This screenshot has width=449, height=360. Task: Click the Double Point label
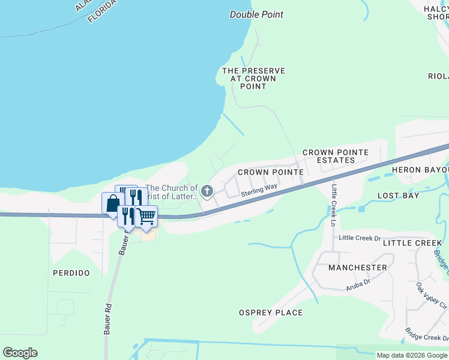pyautogui.click(x=256, y=14)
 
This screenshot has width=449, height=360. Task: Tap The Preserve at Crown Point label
pyautogui.click(x=253, y=79)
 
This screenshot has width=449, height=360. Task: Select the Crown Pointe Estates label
pyautogui.click(x=336, y=157)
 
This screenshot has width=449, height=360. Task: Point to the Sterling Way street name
pyautogui.click(x=259, y=193)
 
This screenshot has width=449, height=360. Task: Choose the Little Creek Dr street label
pyautogui.click(x=360, y=238)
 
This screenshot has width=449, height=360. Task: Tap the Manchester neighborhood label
pyautogui.click(x=358, y=268)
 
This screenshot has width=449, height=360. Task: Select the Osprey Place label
pyautogui.click(x=271, y=313)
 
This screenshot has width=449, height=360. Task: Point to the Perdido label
pyautogui.click(x=71, y=273)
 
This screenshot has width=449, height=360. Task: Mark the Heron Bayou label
pyautogui.click(x=420, y=170)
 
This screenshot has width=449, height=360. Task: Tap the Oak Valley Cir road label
pyautogui.click(x=432, y=298)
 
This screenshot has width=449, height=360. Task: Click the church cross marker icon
pyautogui.click(x=207, y=191)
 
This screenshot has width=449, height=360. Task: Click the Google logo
pyautogui.click(x=20, y=353)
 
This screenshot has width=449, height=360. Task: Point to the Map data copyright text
pyautogui.click(x=412, y=355)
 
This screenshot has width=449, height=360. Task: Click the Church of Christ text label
pyautogui.click(x=172, y=192)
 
